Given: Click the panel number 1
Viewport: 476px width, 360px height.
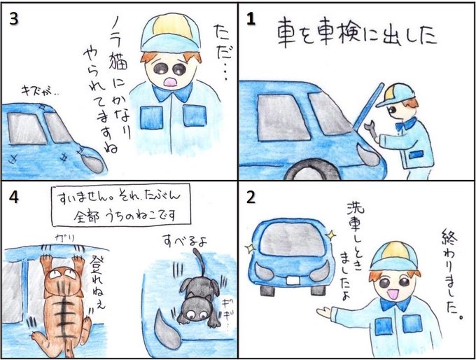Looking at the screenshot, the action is (251, 20).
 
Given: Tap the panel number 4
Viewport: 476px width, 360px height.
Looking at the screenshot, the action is (14, 198).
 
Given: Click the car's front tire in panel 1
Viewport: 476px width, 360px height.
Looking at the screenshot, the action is (312, 170).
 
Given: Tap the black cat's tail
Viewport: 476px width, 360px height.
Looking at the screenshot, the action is (198, 262).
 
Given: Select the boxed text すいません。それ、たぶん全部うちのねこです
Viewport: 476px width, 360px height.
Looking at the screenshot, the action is (121, 205).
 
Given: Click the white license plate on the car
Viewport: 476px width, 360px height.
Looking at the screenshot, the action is (293, 280).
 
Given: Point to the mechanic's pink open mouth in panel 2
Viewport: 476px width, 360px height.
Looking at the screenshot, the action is (393, 294).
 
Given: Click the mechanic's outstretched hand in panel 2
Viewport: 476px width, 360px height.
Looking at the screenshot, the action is (324, 312).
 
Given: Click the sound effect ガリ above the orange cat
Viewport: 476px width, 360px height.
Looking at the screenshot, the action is (64, 238).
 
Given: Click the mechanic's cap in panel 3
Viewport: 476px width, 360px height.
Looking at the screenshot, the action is (170, 33).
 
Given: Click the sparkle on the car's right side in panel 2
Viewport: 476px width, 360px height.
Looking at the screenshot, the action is (331, 235).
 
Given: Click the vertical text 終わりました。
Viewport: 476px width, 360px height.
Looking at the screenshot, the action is (452, 274).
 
